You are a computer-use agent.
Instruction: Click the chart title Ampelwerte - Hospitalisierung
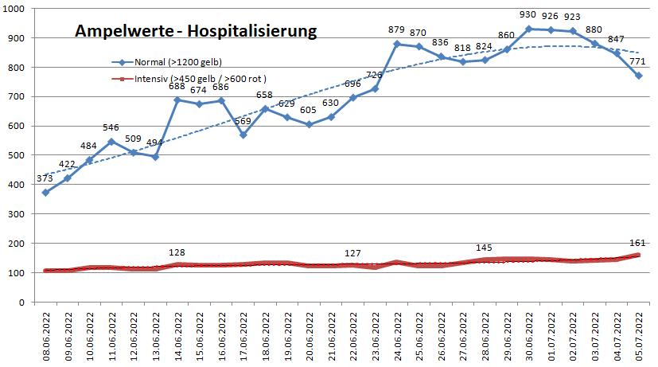(x=196, y=32)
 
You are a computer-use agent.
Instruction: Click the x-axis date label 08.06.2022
(x=46, y=334)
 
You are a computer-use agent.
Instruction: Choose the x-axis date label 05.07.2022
(x=639, y=334)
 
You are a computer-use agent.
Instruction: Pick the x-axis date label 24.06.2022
(x=397, y=334)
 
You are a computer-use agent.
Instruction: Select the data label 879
(x=397, y=30)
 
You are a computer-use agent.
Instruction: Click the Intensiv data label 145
(x=485, y=247)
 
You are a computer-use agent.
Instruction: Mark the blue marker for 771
(x=638, y=76)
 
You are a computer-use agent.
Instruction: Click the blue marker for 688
(x=178, y=100)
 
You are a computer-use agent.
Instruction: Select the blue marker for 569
(x=243, y=135)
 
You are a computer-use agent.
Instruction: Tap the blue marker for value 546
(x=112, y=142)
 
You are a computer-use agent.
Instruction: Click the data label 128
(x=177, y=252)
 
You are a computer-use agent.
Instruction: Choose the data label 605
(x=309, y=111)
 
